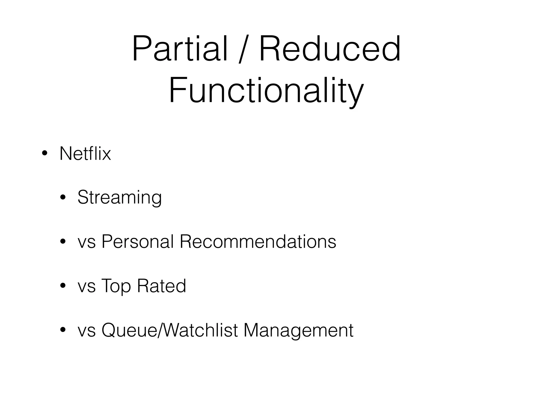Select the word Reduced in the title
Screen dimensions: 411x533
(x=329, y=49)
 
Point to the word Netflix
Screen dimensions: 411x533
(x=85, y=154)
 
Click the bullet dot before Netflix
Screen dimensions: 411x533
(x=45, y=154)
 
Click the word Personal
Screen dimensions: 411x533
(x=137, y=242)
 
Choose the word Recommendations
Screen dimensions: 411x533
(x=258, y=242)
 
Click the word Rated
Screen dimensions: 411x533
(x=161, y=286)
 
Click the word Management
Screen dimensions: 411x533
(x=298, y=330)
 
